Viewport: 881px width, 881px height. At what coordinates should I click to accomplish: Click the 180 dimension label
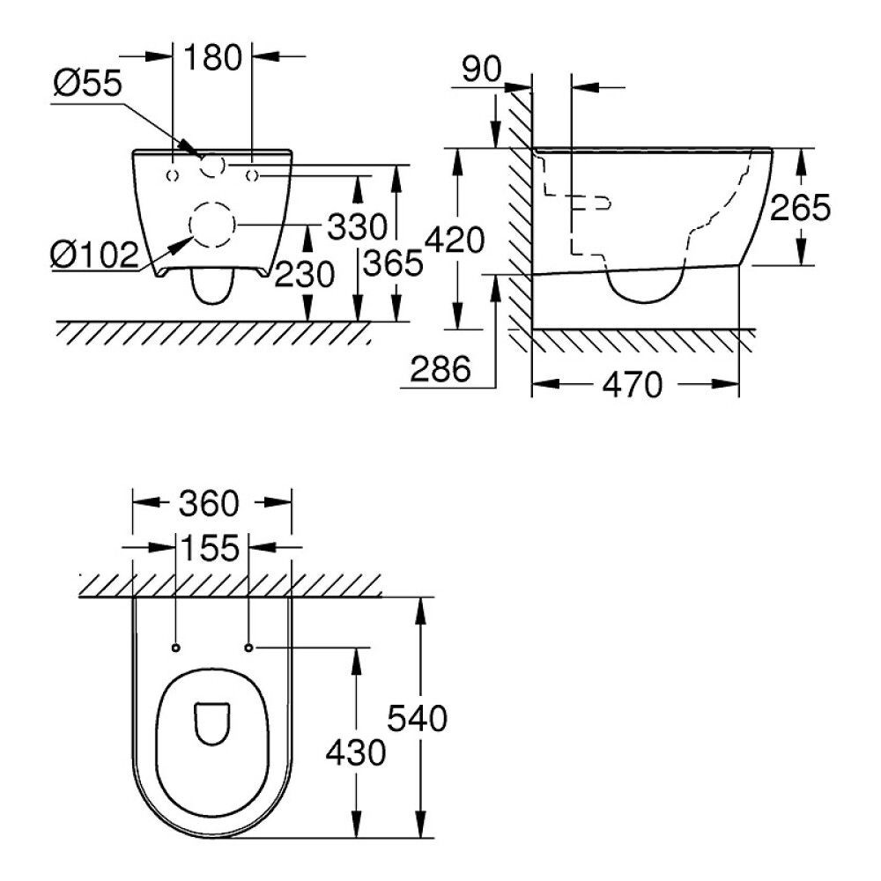212,58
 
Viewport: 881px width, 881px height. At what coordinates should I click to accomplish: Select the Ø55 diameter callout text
86,85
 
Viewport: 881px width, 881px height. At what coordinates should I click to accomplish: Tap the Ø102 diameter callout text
94,255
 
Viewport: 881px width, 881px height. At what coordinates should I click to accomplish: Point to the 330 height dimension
357,226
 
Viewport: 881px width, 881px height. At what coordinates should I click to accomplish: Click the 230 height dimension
304,275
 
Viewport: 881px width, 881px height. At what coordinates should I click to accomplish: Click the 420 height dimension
455,239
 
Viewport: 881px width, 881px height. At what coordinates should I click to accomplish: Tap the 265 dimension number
800,208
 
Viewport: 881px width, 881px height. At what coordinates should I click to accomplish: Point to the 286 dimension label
441,369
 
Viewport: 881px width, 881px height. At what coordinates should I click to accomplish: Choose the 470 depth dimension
631,384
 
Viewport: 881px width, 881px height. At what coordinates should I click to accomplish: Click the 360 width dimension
209,504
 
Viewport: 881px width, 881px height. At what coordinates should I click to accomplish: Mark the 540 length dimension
418,718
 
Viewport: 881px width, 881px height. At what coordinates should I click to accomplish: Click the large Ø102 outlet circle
212,225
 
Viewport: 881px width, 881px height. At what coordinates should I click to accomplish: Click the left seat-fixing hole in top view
176,648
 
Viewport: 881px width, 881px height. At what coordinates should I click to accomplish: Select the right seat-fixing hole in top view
249,648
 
